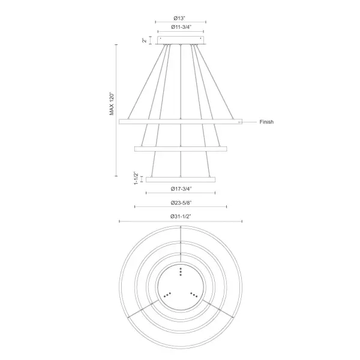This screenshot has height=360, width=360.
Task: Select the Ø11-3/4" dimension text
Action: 181,27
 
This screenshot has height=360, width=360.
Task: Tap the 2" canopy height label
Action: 144,40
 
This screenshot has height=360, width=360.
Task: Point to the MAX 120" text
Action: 111,103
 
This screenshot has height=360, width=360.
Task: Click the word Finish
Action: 266,122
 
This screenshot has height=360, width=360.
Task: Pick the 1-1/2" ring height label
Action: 136,178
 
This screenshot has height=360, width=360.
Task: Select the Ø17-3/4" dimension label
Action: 181,188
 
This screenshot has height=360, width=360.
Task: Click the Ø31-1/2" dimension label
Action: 181,216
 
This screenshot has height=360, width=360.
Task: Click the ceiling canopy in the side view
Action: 181,40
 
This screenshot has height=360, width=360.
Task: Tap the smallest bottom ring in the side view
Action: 181,179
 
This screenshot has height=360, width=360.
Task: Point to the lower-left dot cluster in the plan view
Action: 167,294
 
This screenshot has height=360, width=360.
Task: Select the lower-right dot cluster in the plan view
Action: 194,294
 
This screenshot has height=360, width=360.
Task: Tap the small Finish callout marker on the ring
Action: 239,122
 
